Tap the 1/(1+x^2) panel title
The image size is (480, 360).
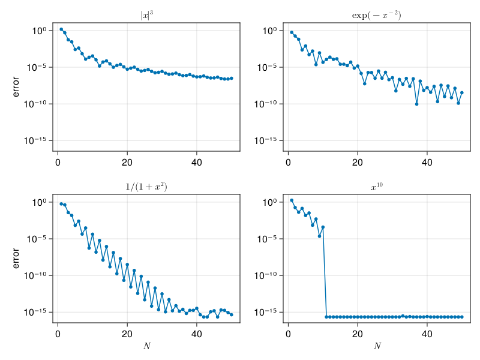(x=146, y=187)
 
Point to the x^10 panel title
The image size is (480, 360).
(x=377, y=187)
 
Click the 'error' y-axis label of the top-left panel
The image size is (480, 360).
(x=16, y=86)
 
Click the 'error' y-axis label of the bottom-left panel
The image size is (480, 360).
(x=16, y=259)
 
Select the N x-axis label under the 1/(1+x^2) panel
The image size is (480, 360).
(x=146, y=346)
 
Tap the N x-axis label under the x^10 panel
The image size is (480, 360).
(x=377, y=346)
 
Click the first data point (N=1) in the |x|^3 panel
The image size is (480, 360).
(x=61, y=29)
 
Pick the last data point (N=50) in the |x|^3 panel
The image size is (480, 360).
(x=232, y=78)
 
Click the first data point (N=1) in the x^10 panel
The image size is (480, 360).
(x=292, y=200)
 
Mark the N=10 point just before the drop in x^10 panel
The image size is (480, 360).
(x=323, y=227)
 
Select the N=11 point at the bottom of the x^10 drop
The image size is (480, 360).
(x=326, y=317)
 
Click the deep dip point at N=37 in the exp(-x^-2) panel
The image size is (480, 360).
(x=416, y=104)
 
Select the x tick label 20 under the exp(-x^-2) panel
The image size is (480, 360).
(x=358, y=161)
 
